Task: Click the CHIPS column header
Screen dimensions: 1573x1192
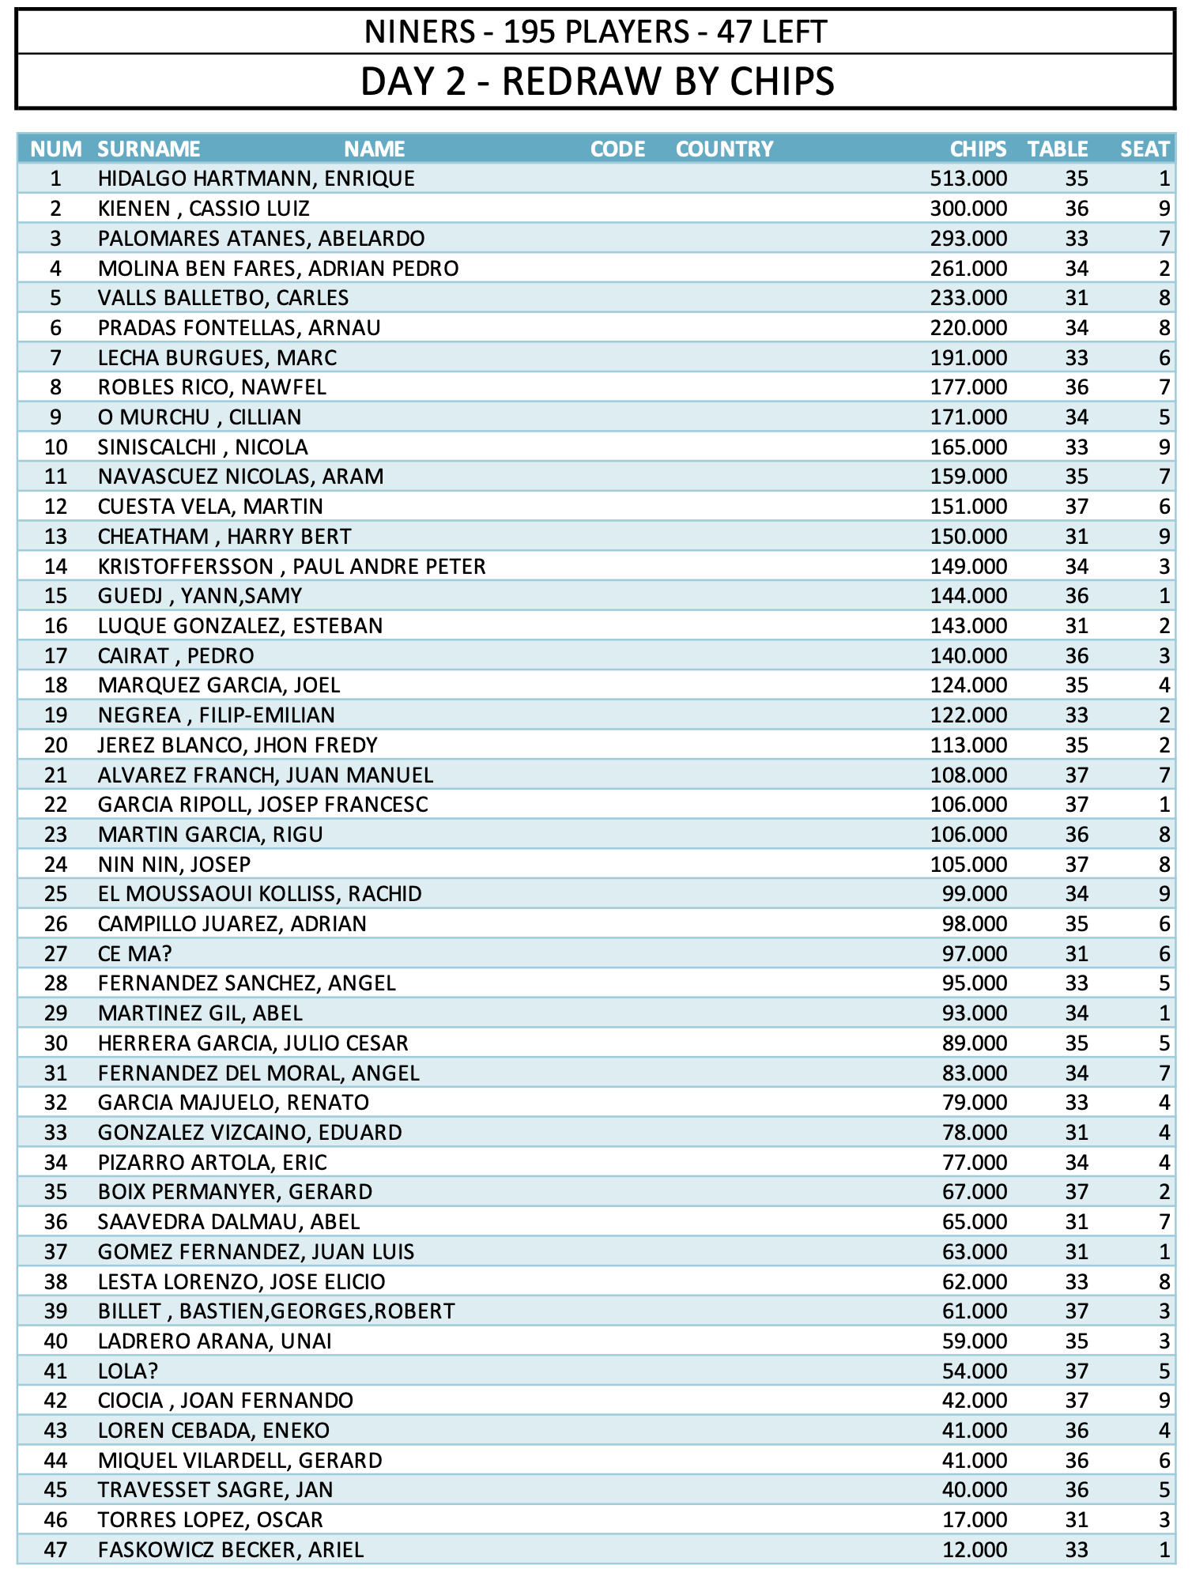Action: (978, 149)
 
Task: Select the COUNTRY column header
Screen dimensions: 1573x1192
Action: (724, 149)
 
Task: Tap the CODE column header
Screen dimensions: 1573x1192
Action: (617, 149)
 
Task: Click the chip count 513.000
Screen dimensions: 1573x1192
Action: (968, 179)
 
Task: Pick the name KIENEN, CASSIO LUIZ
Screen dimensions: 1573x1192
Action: (204, 209)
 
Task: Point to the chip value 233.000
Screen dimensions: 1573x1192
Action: (968, 298)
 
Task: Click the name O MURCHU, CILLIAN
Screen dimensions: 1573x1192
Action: (199, 417)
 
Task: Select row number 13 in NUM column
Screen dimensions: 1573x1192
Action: (55, 537)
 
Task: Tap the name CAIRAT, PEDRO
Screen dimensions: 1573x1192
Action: (175, 656)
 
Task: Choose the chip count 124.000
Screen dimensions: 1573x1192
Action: (968, 685)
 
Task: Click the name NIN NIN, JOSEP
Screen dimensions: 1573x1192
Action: (174, 865)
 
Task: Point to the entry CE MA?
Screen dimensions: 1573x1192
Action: (134, 954)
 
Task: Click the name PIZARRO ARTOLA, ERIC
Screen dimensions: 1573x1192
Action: (212, 1163)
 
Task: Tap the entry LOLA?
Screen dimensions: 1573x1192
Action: (128, 1371)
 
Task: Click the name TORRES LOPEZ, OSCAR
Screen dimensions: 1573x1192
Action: (210, 1520)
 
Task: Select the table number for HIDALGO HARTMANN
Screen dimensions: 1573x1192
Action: (1077, 179)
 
